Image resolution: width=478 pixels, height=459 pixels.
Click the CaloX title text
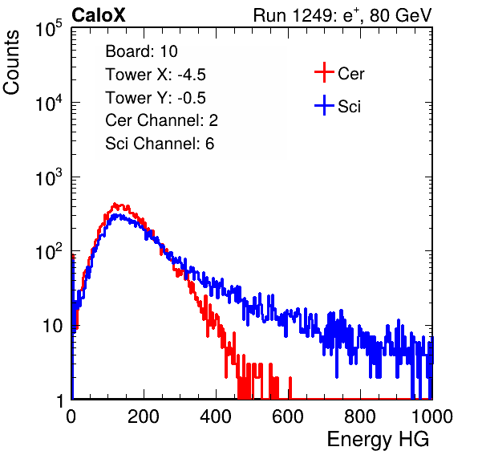pos(99,15)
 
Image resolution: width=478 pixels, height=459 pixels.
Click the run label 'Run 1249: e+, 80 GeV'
pos(342,15)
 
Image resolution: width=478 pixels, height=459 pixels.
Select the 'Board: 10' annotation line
pos(141,51)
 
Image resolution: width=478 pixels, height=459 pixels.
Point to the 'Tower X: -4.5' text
pos(156,75)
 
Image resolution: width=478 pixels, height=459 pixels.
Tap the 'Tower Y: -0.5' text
pos(156,98)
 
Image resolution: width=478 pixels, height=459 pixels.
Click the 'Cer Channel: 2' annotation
pos(161,120)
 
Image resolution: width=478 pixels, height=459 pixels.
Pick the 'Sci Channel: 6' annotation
pos(160,144)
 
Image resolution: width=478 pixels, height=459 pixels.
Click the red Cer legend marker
pos(324,72)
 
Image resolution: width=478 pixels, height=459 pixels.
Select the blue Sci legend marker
pos(324,105)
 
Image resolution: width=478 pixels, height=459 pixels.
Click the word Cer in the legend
pos(350,74)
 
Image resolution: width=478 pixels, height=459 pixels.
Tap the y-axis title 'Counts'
pos(11,63)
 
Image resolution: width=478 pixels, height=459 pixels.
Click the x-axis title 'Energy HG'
pos(378,440)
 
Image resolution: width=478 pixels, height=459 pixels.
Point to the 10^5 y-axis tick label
pos(49,29)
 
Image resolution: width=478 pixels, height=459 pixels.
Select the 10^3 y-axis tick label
pos(49,177)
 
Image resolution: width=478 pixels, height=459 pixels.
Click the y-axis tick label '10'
pos(52,326)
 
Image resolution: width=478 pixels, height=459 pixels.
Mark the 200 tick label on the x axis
pos(144,416)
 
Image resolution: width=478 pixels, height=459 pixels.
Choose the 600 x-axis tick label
pos(288,416)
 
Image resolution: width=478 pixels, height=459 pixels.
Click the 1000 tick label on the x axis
pos(432,416)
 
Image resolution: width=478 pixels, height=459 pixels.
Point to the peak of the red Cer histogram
pos(115,204)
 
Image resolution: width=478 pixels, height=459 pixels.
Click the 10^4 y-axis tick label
pos(49,103)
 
